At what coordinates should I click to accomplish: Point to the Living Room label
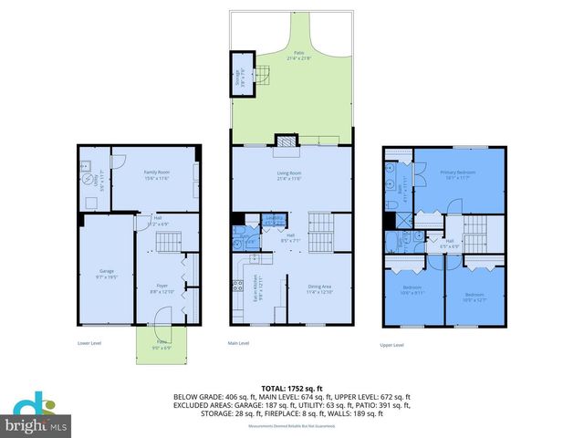pos(289,174)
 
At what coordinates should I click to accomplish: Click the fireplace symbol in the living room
pos(287,141)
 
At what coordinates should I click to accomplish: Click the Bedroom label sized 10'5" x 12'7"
pos(474,297)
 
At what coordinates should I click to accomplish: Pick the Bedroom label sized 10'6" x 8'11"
pos(412,292)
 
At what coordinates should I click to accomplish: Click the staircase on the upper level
pos(478,232)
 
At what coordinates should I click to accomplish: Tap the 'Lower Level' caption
pos(89,344)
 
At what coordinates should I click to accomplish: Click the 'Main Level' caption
pos(238,344)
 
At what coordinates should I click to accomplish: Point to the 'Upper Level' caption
pos(392,344)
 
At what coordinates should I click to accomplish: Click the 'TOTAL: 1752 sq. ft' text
pos(292,389)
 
